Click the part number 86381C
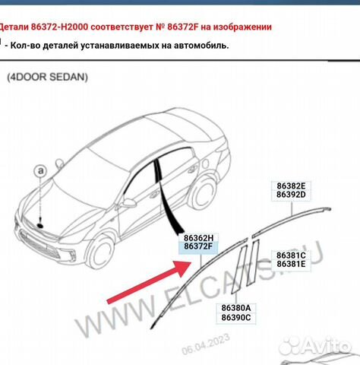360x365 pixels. (x=292, y=255)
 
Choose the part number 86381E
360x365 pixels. (x=292, y=265)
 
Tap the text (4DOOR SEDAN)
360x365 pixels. (x=48, y=77)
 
